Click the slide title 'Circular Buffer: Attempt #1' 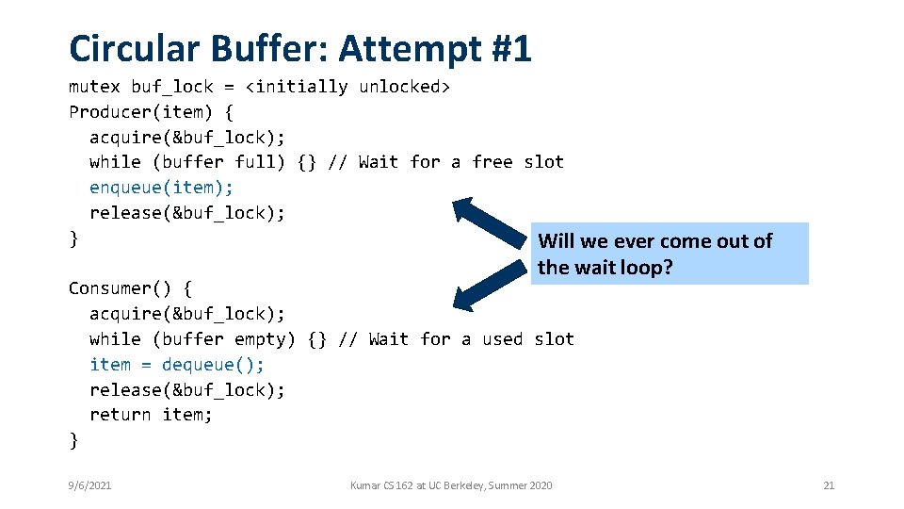300,47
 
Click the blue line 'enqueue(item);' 161,188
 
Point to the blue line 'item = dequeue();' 177,364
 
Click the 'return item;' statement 151,414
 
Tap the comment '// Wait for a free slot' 445,162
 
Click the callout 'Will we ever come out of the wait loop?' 669,254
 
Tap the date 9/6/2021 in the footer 89,485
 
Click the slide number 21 829,485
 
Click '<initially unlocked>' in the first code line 348,87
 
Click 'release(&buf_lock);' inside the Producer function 187,213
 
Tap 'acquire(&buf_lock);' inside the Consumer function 187,313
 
